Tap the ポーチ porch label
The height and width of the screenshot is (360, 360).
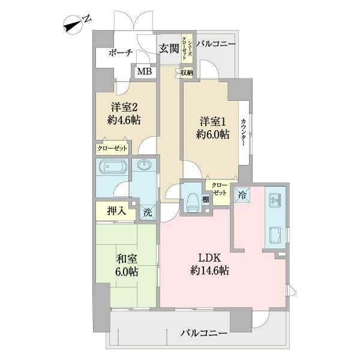click(x=121, y=53)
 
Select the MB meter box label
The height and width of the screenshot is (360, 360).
click(x=144, y=71)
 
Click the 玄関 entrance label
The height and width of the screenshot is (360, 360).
click(x=168, y=49)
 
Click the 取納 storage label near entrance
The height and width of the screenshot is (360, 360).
click(x=187, y=73)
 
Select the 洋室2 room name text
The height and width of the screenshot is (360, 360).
click(x=125, y=108)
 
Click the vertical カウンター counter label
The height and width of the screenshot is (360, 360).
click(x=244, y=132)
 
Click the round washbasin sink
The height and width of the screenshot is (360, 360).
click(x=144, y=165)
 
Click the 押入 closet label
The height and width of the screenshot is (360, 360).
click(x=116, y=211)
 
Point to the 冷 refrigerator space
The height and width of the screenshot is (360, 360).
click(x=242, y=195)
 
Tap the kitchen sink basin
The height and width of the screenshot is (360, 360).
click(x=277, y=235)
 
